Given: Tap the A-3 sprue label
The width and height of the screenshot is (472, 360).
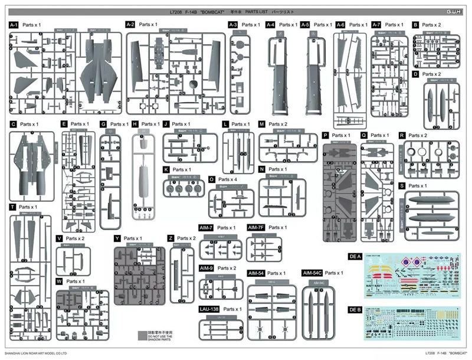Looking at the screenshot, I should click(233, 25).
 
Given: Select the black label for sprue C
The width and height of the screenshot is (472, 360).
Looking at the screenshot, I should click(12, 125).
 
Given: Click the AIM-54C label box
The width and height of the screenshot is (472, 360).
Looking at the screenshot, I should click(312, 273).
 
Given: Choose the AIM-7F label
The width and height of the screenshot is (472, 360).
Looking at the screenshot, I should click(256, 228).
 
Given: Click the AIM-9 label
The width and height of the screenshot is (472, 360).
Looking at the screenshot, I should click(206, 269).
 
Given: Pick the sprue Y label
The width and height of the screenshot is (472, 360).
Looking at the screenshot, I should click(118, 238).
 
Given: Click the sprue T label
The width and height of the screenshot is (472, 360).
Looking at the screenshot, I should click(12, 207).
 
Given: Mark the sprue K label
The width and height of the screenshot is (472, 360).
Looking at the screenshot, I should click(167, 169).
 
